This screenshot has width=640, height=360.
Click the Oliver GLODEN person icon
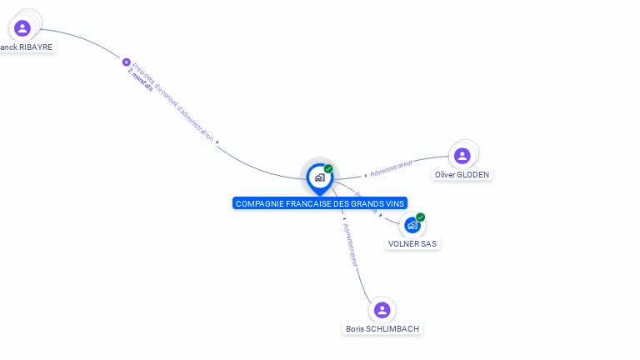(462, 156)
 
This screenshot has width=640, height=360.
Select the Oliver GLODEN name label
(462, 175)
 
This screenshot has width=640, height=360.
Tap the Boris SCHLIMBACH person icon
(382, 310)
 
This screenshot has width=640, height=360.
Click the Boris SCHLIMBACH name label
(382, 329)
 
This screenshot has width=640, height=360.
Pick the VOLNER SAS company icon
(412, 225)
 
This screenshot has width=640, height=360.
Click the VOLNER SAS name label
(412, 244)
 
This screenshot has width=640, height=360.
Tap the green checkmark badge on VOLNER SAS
(421, 217)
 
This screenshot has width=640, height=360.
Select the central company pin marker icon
(319, 177)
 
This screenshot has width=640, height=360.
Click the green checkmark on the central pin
(328, 169)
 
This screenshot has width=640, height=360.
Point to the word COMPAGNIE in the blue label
(259, 203)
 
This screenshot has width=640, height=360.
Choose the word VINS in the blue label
(394, 203)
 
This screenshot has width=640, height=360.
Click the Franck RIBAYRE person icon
(22, 28)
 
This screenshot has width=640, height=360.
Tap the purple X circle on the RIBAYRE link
(127, 62)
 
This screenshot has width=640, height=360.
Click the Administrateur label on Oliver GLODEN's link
(392, 168)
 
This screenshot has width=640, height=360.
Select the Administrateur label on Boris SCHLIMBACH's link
(352, 244)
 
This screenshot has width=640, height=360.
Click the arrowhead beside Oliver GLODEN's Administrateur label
(366, 175)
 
